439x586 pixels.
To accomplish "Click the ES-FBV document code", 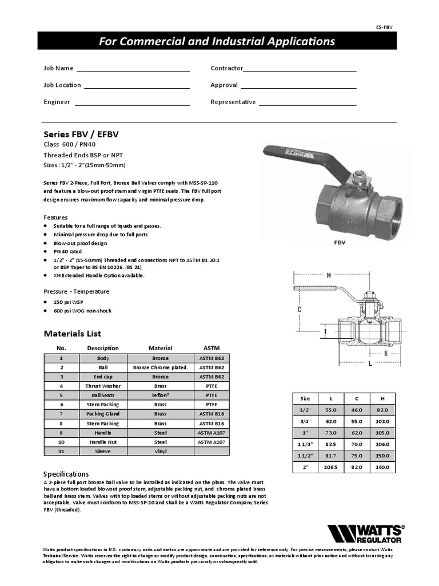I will tap(384, 27).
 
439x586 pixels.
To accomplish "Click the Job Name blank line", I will tap(133, 71).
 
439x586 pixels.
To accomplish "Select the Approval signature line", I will tap(298, 88).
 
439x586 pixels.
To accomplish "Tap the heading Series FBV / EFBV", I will tap(81, 134).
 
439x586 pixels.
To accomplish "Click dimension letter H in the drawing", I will tap(329, 275).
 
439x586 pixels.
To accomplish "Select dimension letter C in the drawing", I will tap(299, 310).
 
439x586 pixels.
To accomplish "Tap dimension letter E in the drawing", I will tap(386, 353).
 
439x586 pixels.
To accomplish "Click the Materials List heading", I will tap(73, 334).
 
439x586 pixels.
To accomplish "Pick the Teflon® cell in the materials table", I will tap(160, 395).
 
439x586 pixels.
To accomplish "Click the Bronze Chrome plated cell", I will tap(160, 367).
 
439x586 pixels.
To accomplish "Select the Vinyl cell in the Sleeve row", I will tap(160, 451).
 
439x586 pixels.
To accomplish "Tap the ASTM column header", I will tap(211, 348).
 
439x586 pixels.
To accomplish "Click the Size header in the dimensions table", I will tap(305, 398).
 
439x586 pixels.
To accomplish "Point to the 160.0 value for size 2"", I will tap(382, 467).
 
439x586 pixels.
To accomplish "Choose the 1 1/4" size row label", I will tap(305, 444).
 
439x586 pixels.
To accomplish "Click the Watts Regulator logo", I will tap(365, 533).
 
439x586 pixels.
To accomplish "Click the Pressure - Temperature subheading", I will tap(77, 291).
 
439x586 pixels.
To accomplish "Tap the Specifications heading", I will tap(66, 474).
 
